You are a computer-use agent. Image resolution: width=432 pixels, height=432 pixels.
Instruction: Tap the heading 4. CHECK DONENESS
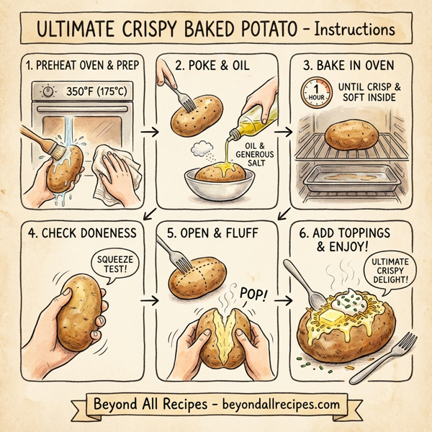79,235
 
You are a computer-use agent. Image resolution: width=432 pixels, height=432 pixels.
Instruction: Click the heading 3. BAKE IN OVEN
352,66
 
